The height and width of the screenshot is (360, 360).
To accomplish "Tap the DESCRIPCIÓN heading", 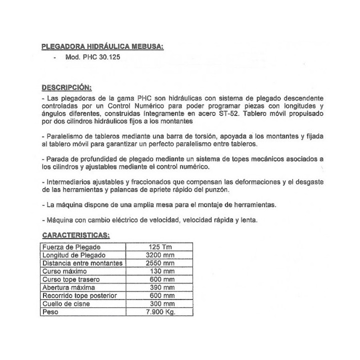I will click(x=69, y=86).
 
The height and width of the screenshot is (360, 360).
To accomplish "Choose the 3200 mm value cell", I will click(x=161, y=255).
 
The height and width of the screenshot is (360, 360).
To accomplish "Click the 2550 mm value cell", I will click(x=161, y=263).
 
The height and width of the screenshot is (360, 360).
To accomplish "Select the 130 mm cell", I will click(x=161, y=271).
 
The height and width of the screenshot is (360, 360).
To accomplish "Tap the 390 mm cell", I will click(x=161, y=287).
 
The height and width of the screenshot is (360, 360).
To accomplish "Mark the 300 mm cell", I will click(x=161, y=303).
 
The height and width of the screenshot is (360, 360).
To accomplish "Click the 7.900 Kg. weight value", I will click(x=161, y=312).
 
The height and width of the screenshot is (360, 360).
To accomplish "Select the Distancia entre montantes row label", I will click(x=82, y=263).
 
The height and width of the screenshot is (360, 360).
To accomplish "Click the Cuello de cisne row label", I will click(x=67, y=303).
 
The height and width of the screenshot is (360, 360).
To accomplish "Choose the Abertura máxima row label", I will click(x=68, y=287).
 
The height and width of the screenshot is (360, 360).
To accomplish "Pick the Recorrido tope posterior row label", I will click(x=79, y=295).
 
